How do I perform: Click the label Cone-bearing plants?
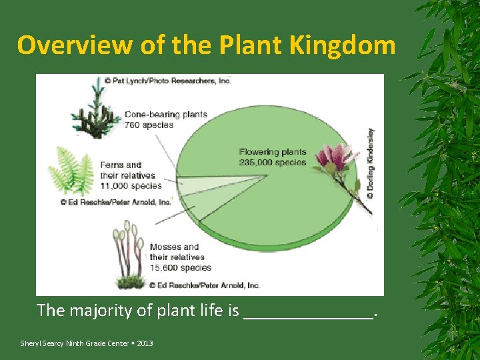coord(165,114)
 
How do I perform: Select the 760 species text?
coord(149,124)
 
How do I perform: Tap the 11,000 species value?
coord(131,186)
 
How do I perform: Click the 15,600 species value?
coord(180,267)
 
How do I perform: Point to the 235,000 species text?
coord(272,162)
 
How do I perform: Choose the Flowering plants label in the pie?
coord(273,152)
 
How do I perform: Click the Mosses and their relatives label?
coord(177,252)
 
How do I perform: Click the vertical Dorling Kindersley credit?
coord(370,163)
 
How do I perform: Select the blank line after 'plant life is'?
coord(309,312)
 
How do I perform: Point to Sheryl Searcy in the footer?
coord(41,343)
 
